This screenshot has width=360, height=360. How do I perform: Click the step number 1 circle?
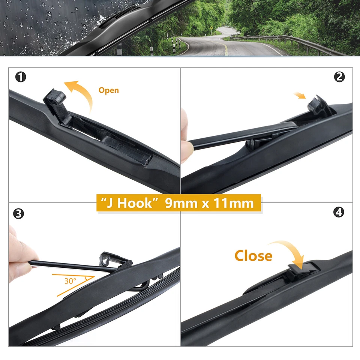(x=21, y=77)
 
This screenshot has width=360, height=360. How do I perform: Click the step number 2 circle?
(x=339, y=77)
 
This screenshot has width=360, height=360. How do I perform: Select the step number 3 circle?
(x=18, y=214)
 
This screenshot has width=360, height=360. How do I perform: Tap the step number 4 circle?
(x=339, y=212)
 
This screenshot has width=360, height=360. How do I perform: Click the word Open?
(x=108, y=90)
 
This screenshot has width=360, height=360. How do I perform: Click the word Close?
(x=253, y=256)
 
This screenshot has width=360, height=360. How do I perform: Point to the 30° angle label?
(x=70, y=280)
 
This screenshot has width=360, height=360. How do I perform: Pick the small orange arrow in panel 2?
(x=300, y=96)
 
